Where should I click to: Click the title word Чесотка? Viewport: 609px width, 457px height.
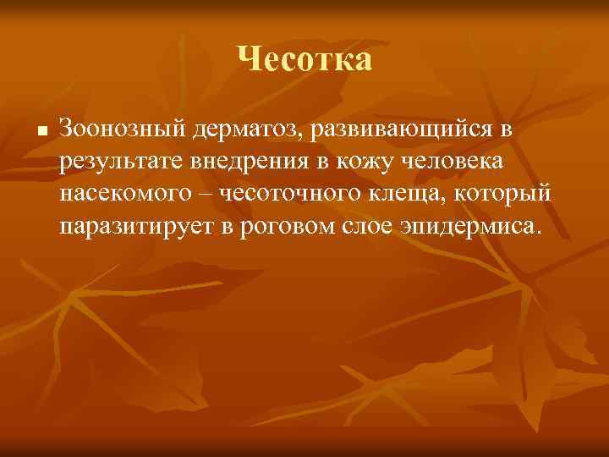[304, 59]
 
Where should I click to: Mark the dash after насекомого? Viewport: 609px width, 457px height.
[208, 194]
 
